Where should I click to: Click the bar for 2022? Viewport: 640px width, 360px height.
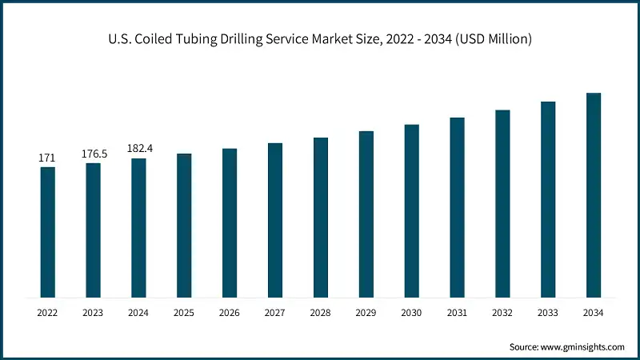pos(48,233)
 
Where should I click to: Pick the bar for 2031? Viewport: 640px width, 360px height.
pos(457,208)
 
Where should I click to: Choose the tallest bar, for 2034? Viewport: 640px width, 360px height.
pos(594,195)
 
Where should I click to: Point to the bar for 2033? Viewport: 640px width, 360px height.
pos(548,200)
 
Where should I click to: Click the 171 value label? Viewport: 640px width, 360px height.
pos(48,158)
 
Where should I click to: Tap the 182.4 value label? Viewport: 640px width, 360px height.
pos(139,149)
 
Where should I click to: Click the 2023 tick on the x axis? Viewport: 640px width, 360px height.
pos(94,313)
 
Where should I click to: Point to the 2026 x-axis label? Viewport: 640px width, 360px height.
pos(230,313)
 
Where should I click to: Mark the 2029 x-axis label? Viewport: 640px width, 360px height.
pos(366,313)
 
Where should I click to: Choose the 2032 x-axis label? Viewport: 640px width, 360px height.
pos(502,313)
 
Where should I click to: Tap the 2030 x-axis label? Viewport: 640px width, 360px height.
pos(412,313)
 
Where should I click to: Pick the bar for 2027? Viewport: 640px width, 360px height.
pos(275,221)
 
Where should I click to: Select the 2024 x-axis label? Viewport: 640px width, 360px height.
pos(139,313)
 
